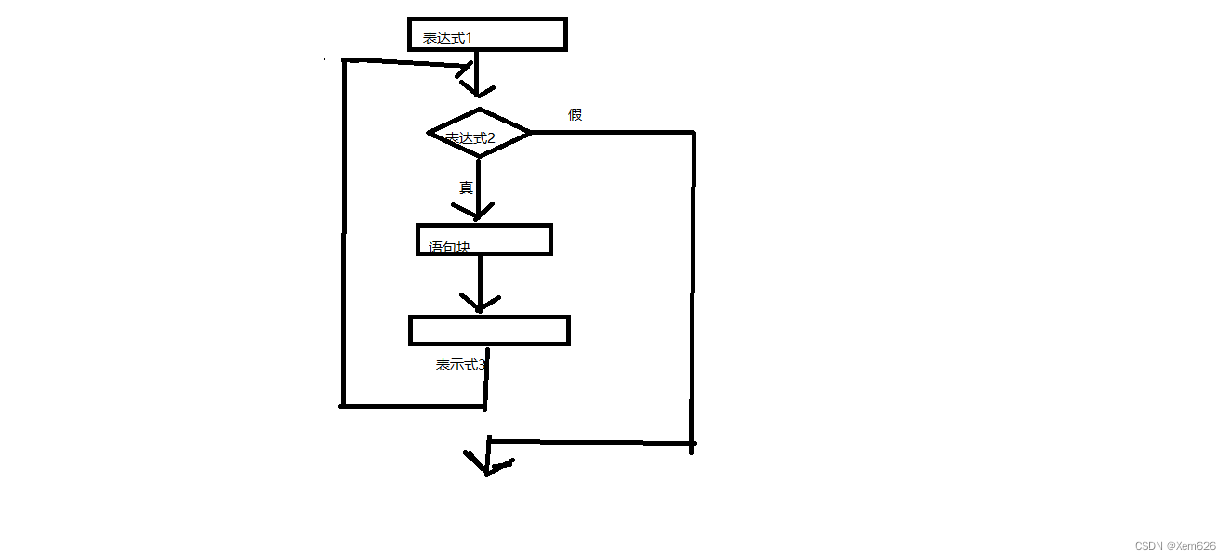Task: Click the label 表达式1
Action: [x=448, y=38]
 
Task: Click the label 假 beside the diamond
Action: [x=575, y=114]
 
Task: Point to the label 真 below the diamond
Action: [x=466, y=188]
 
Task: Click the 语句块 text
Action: [x=450, y=247]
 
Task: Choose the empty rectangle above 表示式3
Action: [x=489, y=331]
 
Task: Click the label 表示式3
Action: [x=461, y=365]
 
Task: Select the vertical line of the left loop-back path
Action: [x=344, y=232]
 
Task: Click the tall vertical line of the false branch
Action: [x=693, y=288]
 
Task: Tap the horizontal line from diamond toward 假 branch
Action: [x=614, y=133]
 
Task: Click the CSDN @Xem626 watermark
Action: [x=1174, y=546]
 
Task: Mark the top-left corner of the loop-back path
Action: [x=345, y=60]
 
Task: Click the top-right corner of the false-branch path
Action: [x=694, y=133]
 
